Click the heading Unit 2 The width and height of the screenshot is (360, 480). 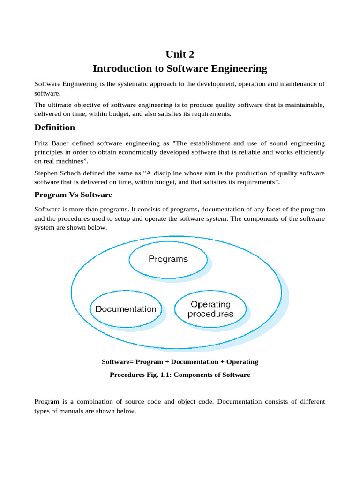click(x=180, y=54)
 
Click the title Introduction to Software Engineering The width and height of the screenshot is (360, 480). click(x=180, y=68)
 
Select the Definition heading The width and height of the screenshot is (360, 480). click(x=54, y=127)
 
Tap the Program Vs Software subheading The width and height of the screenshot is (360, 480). click(x=73, y=194)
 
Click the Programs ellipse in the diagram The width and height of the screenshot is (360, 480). click(x=168, y=259)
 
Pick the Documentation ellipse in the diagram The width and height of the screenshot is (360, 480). click(x=126, y=309)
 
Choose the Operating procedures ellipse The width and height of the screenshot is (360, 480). click(x=210, y=309)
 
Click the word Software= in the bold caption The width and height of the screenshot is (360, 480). click(x=118, y=361)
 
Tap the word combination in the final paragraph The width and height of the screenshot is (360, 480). click(x=105, y=402)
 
